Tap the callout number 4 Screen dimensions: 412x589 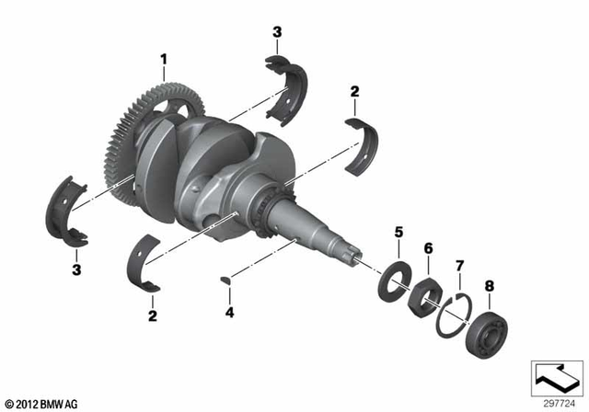coord(231,313)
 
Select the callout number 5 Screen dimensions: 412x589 coord(398,233)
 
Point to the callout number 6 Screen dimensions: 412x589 coord(428,248)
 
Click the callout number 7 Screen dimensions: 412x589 coord(460,266)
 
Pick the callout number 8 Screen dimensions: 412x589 coord(489,286)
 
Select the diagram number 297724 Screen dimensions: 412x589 coord(559,403)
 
